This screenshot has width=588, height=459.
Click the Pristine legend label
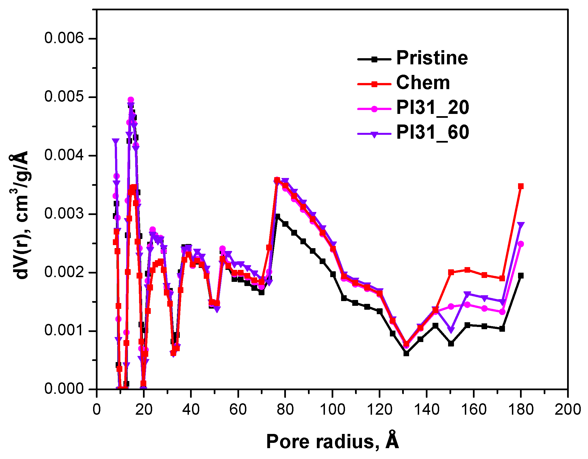(x=432, y=58)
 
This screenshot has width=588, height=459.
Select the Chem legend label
(x=423, y=83)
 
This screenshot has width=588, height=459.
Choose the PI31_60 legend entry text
(x=433, y=132)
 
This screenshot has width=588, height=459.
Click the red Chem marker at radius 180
(x=521, y=186)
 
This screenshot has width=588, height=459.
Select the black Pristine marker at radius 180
(x=521, y=276)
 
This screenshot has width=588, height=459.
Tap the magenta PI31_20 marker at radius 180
(x=521, y=244)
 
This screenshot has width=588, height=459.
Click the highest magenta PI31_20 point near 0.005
(x=131, y=100)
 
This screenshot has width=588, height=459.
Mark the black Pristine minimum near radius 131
(x=406, y=353)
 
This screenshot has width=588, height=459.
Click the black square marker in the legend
(x=374, y=59)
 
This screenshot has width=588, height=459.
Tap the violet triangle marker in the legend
(x=374, y=134)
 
